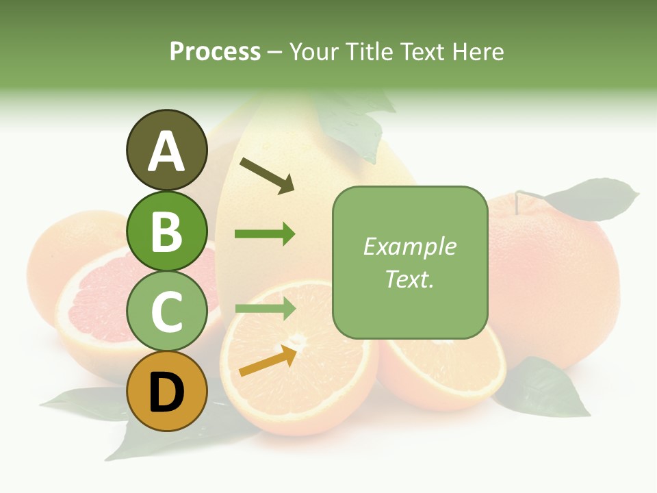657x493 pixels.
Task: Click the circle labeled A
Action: click(x=166, y=150)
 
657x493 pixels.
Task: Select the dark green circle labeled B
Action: click(x=166, y=231)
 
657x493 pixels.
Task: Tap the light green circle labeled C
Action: click(x=166, y=312)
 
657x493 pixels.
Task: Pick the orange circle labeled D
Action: click(x=166, y=392)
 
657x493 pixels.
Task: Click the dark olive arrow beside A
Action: click(x=267, y=174)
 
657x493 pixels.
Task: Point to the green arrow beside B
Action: click(x=265, y=234)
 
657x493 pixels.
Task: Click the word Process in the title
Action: click(x=215, y=52)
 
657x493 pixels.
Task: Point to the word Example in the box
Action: click(x=409, y=246)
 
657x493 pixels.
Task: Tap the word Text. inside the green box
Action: click(x=409, y=279)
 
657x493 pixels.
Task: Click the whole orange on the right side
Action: click(x=554, y=274)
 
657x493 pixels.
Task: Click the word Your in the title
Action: click(x=313, y=52)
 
